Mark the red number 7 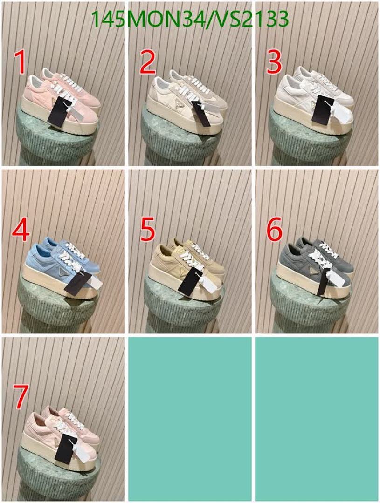click(x=20, y=397)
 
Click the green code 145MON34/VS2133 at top click(x=189, y=20)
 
